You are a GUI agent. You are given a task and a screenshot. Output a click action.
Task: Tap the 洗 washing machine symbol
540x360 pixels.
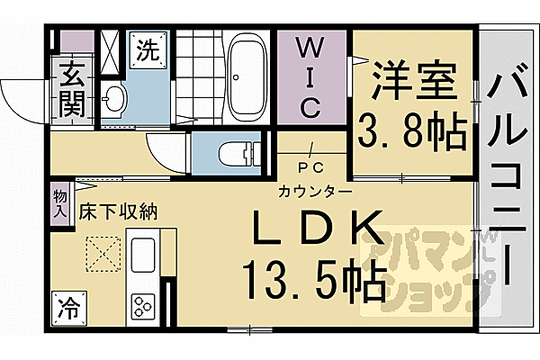pos(147,50)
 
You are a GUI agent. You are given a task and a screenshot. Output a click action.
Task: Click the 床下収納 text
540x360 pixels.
pos(118,213)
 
